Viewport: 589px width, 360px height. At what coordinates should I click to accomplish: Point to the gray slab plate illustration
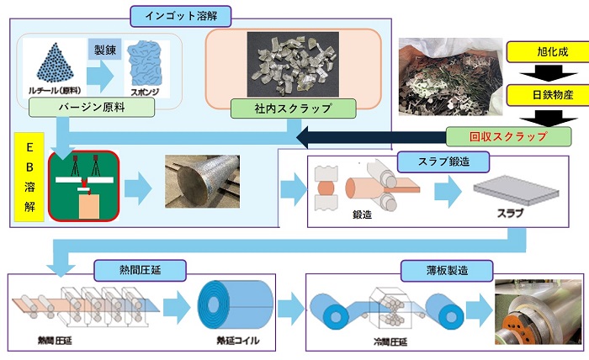[x=506, y=193]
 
